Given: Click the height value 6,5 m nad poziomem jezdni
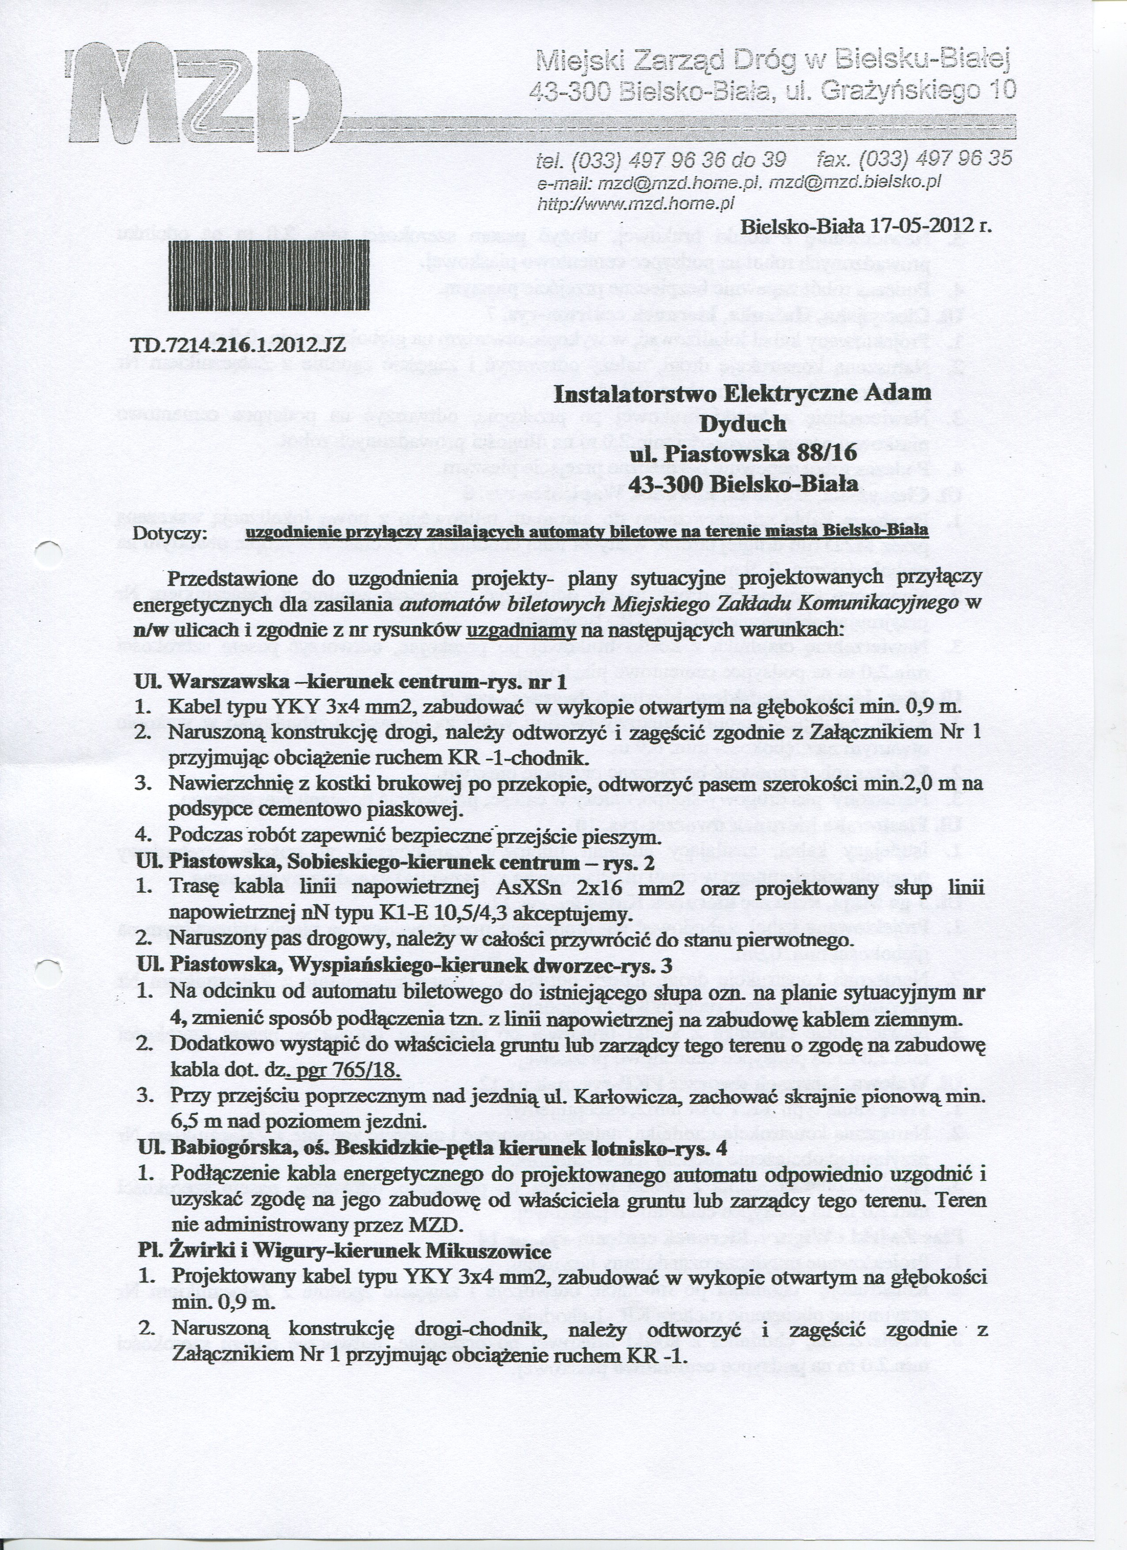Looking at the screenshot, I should pyautogui.click(x=298, y=1122).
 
